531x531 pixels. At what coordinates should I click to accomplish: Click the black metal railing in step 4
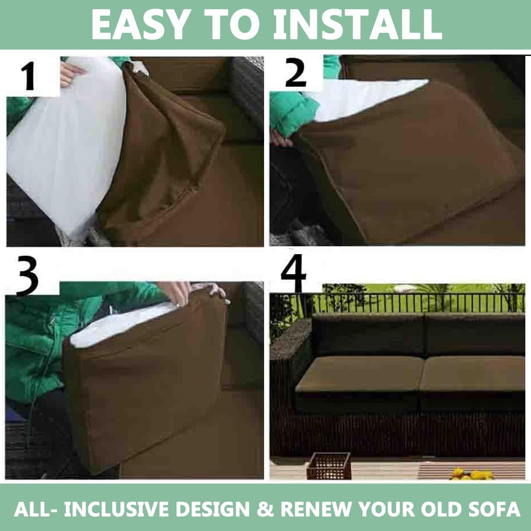[x=418, y=303]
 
